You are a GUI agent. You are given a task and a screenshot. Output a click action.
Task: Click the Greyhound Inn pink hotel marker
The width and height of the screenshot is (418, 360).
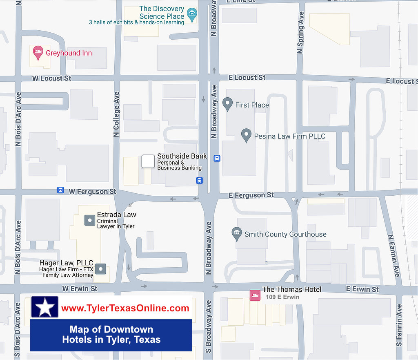pos(38,52)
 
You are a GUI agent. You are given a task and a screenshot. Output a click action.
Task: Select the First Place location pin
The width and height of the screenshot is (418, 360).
pos(228,104)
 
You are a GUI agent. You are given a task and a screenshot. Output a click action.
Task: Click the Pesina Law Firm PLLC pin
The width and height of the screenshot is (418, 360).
pos(246,135)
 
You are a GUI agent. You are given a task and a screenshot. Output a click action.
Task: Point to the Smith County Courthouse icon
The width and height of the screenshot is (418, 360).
pos(236,234)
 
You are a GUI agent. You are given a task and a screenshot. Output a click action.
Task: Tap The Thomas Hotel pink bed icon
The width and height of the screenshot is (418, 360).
pos(255,295)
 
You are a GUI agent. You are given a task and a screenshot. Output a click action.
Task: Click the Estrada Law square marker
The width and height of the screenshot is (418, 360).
pos(89,220)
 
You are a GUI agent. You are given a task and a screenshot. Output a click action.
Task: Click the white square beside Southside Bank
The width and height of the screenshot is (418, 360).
pos(148,161)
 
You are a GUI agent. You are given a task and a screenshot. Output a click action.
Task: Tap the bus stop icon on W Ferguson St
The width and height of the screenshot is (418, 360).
pos(60,190)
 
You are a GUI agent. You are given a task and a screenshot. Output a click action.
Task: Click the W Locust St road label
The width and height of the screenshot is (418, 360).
pos(52,78)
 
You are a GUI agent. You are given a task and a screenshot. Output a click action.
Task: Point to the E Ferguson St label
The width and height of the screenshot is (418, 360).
pos(251,195)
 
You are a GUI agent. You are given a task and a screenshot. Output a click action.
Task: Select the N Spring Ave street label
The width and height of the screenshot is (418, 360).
pos(301,33)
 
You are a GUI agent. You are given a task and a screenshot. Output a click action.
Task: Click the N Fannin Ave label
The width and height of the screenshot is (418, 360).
pos(393,255)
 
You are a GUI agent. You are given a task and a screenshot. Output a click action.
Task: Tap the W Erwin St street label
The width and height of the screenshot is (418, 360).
pos(80,288)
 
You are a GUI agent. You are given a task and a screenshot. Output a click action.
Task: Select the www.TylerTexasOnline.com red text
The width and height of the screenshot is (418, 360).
pos(125,308)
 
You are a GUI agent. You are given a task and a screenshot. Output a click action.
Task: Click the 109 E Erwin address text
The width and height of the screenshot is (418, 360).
pos(282,297)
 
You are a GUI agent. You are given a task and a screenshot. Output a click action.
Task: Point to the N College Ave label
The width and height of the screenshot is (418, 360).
pos(116,110)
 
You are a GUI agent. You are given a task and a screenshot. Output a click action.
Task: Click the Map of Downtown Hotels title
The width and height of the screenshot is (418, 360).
pos(111,335)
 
